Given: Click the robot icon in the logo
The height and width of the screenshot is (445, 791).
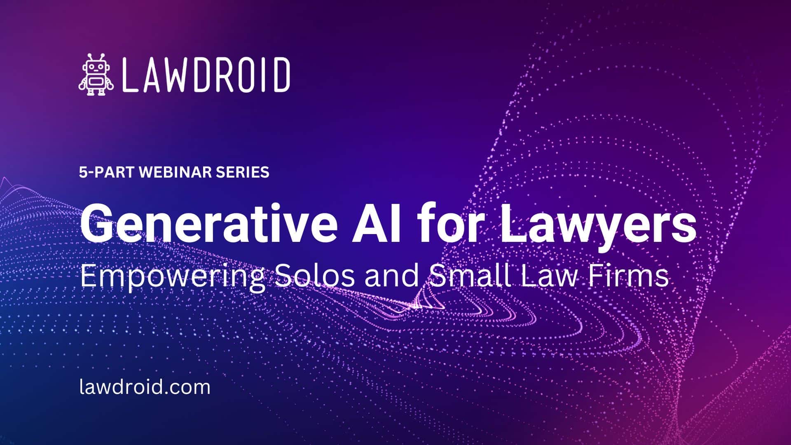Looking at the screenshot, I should pyautogui.click(x=96, y=75).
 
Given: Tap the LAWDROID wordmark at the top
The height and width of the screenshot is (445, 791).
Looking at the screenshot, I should pyautogui.click(x=206, y=75).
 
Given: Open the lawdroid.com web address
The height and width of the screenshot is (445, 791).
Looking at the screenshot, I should pyautogui.click(x=145, y=387).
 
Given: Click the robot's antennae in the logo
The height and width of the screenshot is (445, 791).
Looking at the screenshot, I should pyautogui.click(x=96, y=57).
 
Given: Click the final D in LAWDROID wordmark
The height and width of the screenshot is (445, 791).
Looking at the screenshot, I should pyautogui.click(x=282, y=75).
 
